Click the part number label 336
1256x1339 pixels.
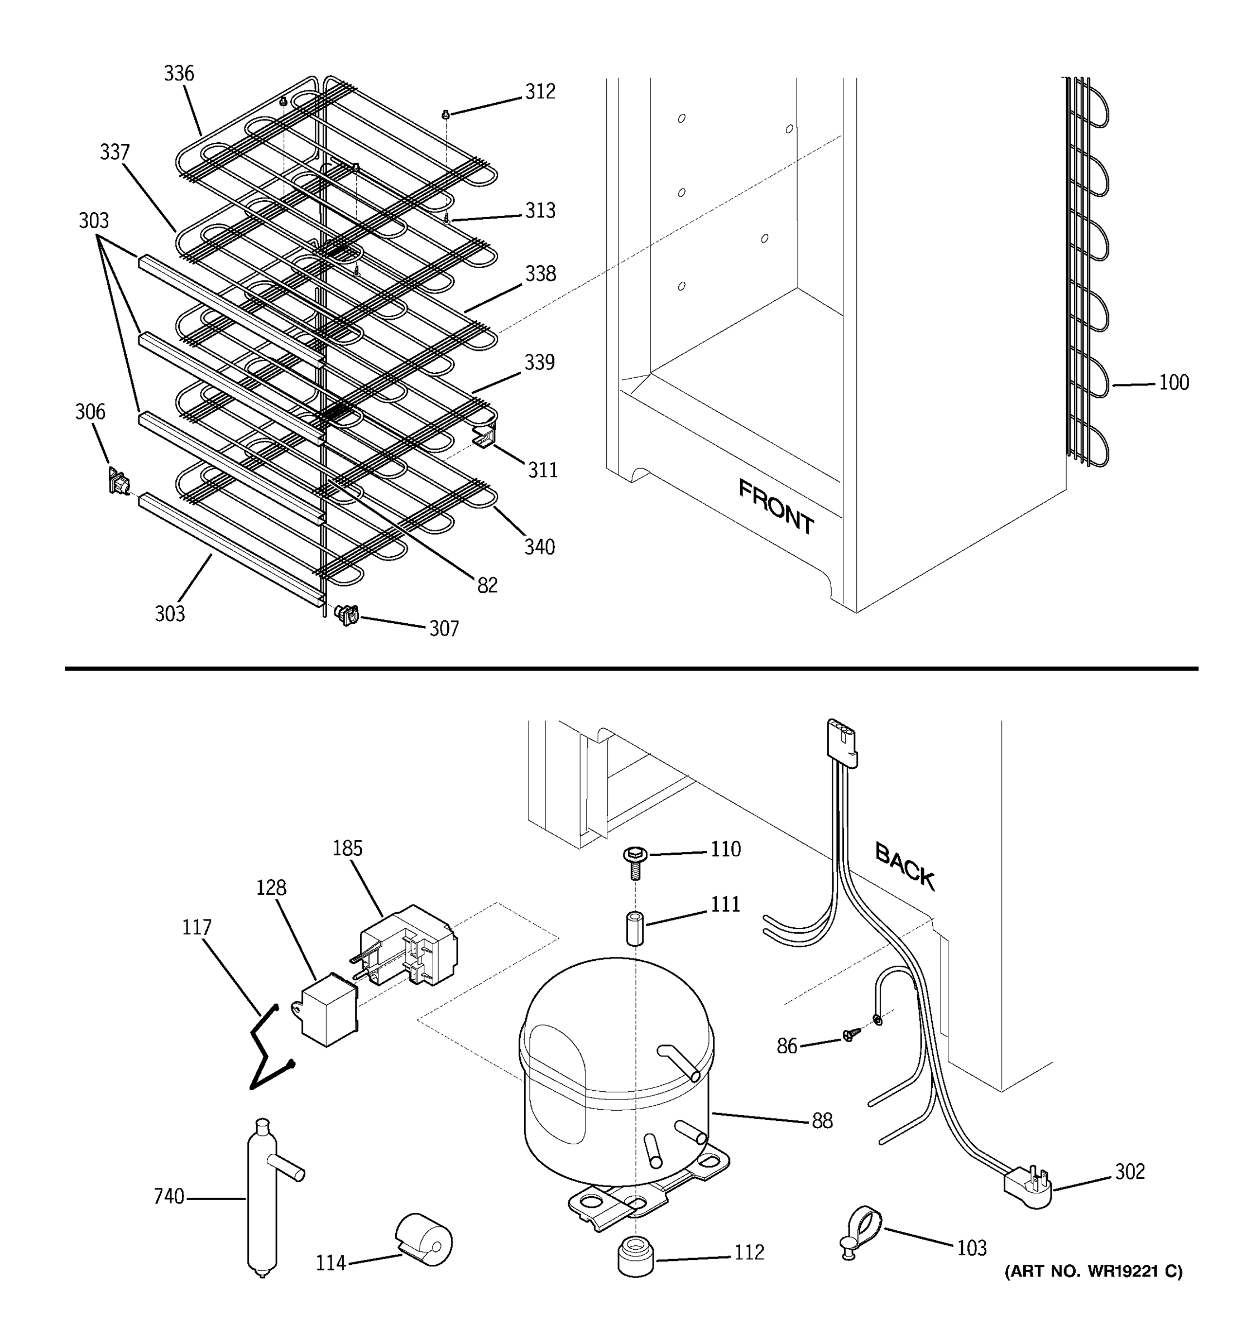pos(179,74)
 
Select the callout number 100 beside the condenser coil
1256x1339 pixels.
pos(1174,383)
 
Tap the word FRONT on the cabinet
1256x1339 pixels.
pos(776,506)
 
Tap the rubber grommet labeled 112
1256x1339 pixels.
pos(635,1256)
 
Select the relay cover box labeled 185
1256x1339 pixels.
pos(408,943)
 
